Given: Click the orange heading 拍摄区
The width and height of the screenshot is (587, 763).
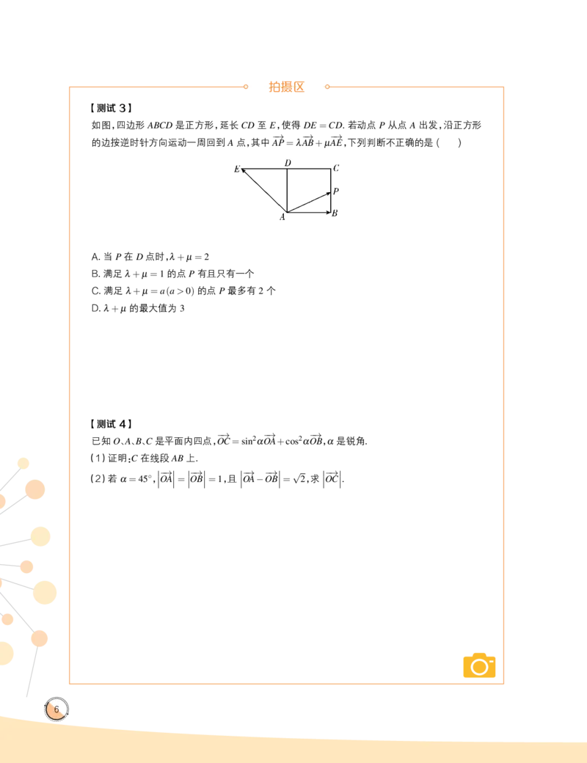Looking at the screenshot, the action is pos(286,87).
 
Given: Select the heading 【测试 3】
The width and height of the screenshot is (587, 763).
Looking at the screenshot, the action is pos(111,108).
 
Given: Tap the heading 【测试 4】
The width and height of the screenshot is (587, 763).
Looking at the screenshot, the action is pos(111,424).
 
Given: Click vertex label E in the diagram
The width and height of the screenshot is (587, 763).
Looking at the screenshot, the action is pos(237,169).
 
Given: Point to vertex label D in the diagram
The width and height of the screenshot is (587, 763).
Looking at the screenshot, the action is pos(288,163).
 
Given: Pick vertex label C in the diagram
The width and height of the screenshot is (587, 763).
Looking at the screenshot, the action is pos(336,168).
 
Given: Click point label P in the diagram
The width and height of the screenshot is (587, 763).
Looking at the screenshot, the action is pos(336,191).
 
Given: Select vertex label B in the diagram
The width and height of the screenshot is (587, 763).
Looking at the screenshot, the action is pos(335,213).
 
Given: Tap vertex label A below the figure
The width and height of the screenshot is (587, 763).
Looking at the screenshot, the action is pos(282,217).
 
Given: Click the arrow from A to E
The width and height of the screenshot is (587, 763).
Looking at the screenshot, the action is pos(264,191).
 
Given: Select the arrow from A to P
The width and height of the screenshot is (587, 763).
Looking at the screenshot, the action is pos(309,202).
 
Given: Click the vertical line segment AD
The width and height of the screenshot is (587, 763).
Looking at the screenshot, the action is pos(287,191).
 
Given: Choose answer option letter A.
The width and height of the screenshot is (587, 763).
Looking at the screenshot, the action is pos(95,257).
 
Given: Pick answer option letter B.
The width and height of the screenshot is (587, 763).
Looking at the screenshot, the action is pos(95,274).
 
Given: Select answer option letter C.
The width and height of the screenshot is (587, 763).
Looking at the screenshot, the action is pos(95,291).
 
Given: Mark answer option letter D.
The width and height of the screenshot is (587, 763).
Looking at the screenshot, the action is pos(95,309).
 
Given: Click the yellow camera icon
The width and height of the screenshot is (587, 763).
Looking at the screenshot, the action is pos(479,665).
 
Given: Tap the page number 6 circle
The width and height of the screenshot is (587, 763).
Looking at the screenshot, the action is pos(56,709).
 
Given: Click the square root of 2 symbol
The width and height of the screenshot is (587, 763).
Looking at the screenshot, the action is pos(300,479).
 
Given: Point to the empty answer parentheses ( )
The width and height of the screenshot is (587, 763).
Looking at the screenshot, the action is pos(449,142).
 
